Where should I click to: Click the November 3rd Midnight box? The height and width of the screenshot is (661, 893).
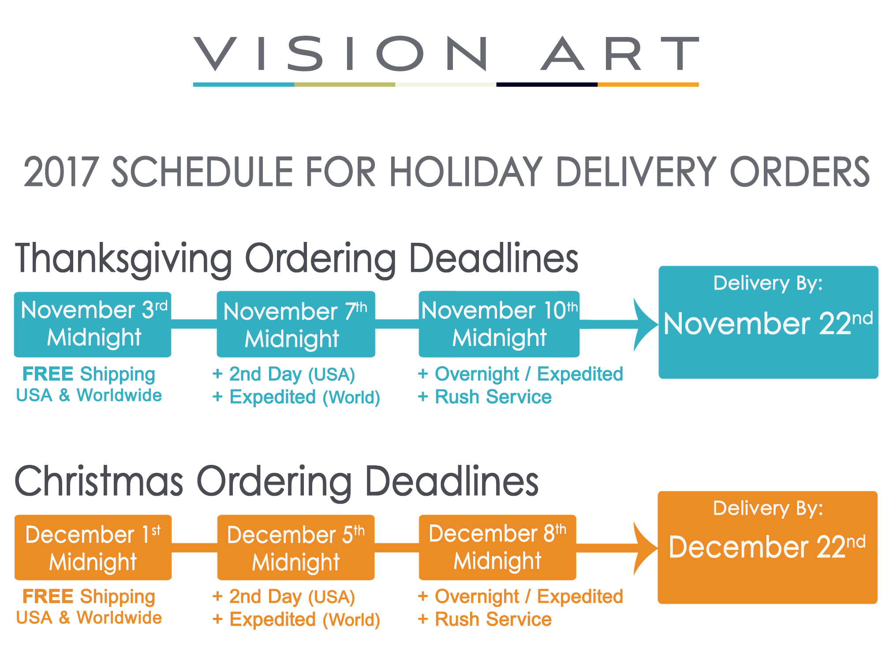[x=93, y=324]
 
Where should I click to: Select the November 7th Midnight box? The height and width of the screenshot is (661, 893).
[x=296, y=324]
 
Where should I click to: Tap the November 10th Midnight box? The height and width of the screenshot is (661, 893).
[x=499, y=324]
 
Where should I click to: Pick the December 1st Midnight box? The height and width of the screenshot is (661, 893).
[x=93, y=547]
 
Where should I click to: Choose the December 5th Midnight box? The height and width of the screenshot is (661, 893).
[x=296, y=547]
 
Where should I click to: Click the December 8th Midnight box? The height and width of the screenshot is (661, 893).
[x=497, y=547]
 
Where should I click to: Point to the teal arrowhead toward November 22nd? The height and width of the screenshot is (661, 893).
[x=645, y=324]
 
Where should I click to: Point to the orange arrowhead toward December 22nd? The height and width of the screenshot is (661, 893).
[x=645, y=548]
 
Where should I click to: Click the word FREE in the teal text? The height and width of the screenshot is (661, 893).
[x=48, y=374]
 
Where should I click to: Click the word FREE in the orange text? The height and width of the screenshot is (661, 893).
[x=48, y=596]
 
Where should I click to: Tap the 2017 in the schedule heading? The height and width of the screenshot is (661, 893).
[x=60, y=172]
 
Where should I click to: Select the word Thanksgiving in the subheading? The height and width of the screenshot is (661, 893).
[x=123, y=259]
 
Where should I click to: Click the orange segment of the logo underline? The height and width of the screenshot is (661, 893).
[x=648, y=85]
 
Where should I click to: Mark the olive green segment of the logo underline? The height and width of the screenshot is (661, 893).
[x=345, y=85]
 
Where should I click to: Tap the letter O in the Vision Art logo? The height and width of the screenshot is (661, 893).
[x=400, y=54]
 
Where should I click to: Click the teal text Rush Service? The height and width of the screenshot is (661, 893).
[x=493, y=397]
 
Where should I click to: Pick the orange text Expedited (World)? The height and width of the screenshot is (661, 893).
[x=305, y=620]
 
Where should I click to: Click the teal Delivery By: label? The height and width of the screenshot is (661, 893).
[x=768, y=283]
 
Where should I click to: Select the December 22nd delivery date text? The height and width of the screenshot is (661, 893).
[x=767, y=547]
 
